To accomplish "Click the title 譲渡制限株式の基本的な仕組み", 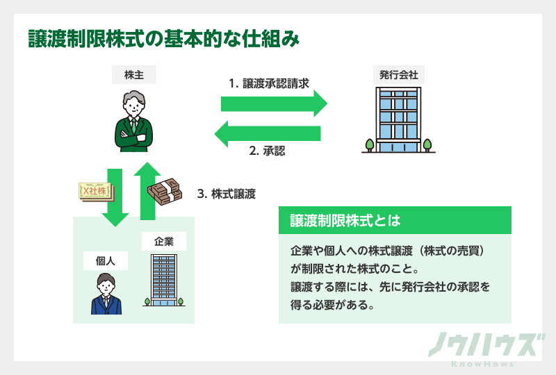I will coord(163,39).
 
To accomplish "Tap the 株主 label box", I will coord(133,75).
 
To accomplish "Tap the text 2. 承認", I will coord(267,151).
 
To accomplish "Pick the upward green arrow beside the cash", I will coord(147,190).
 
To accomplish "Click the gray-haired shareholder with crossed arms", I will coord(134,122).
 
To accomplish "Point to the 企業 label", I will coord(164,242).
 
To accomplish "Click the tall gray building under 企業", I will coord(164,280).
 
